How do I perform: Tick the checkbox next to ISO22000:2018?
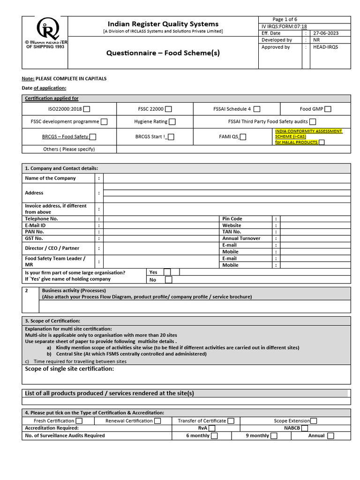click(x=87, y=109)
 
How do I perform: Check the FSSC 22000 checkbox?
click(x=168, y=109)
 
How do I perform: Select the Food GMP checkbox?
click(x=328, y=109)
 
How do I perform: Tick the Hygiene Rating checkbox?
click(x=172, y=122)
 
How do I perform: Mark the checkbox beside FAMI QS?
click(x=243, y=137)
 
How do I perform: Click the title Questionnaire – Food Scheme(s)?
click(x=163, y=53)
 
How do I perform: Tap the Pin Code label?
click(x=232, y=219)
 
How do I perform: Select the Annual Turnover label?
click(x=241, y=239)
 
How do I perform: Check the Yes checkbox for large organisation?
click(x=167, y=272)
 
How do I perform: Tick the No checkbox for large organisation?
click(x=168, y=280)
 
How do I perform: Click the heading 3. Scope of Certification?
click(x=52, y=321)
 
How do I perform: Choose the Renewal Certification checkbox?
click(x=157, y=421)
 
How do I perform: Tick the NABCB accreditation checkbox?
click(x=305, y=428)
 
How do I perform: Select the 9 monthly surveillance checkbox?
click(x=274, y=436)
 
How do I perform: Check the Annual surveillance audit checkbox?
click(x=330, y=436)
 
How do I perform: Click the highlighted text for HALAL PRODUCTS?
click(x=296, y=142)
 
